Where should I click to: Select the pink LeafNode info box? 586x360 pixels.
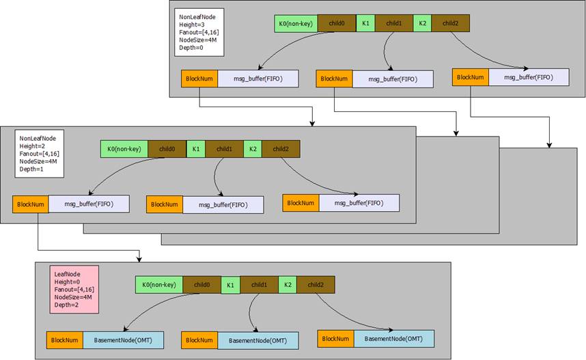pyautogui.click(x=73, y=289)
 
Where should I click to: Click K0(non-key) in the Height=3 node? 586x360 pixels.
pyautogui.click(x=295, y=23)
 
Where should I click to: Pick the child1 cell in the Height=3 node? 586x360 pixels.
pyautogui.click(x=393, y=23)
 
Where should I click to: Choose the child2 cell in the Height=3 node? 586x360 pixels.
pyautogui.click(x=450, y=23)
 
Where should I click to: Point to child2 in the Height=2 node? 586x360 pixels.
pyautogui.click(x=280, y=148)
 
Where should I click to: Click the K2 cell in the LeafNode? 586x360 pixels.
pyautogui.click(x=288, y=284)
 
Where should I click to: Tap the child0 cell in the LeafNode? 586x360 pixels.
pyautogui.click(x=201, y=284)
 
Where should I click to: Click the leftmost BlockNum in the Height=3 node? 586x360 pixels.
pyautogui.click(x=198, y=79)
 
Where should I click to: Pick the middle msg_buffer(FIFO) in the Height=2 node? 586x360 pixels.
pyautogui.click(x=223, y=204)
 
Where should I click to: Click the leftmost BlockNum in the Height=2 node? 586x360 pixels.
pyautogui.click(x=30, y=204)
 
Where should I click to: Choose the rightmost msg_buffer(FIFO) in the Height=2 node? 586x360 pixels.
pyautogui.click(x=359, y=203)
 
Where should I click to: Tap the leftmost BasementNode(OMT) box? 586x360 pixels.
pyautogui.click(x=123, y=340)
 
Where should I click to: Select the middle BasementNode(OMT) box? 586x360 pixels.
pyautogui.click(x=257, y=340)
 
